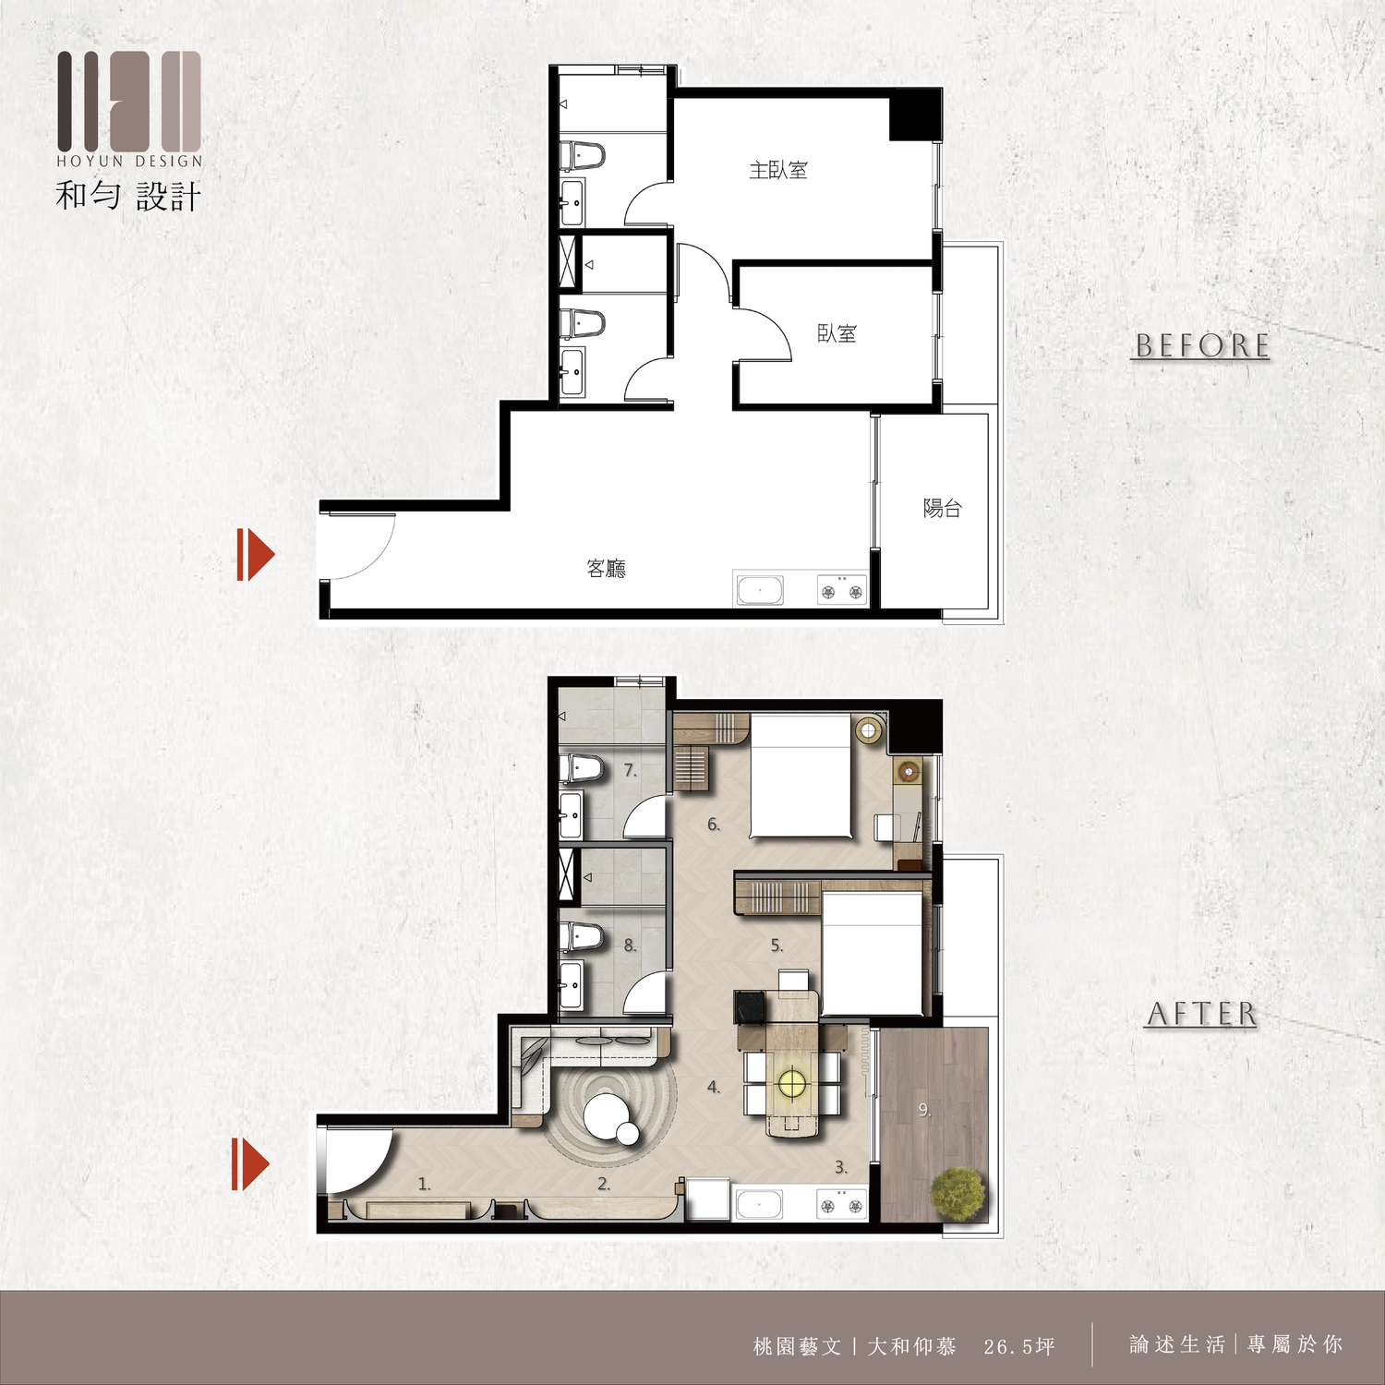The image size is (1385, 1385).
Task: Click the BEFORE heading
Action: tap(1202, 345)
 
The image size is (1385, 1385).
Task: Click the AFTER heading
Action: tap(1202, 1014)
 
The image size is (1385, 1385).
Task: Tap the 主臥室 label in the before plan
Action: tap(778, 170)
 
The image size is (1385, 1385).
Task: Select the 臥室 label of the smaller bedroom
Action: tap(837, 333)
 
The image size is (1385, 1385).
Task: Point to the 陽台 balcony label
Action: tap(943, 508)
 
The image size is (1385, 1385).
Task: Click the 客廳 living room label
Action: tap(607, 569)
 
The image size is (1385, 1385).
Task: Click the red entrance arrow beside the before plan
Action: tap(256, 555)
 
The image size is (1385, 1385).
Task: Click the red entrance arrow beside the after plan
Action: tap(250, 1164)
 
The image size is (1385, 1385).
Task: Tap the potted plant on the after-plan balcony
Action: tap(958, 1193)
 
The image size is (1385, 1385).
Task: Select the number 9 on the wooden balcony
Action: tap(924, 1110)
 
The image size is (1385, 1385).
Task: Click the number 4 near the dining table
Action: tap(713, 1088)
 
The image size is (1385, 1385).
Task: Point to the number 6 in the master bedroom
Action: tap(713, 825)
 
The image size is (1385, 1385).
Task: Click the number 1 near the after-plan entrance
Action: tap(424, 1184)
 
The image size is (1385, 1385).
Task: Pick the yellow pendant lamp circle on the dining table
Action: tap(792, 1081)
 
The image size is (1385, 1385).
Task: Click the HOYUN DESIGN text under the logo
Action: tap(129, 161)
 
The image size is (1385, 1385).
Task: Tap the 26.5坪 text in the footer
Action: tap(1019, 1346)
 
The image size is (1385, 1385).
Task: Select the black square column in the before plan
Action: tap(914, 115)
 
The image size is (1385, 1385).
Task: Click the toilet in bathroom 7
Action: tap(582, 770)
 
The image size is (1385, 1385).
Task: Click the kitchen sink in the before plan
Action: tap(760, 590)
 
